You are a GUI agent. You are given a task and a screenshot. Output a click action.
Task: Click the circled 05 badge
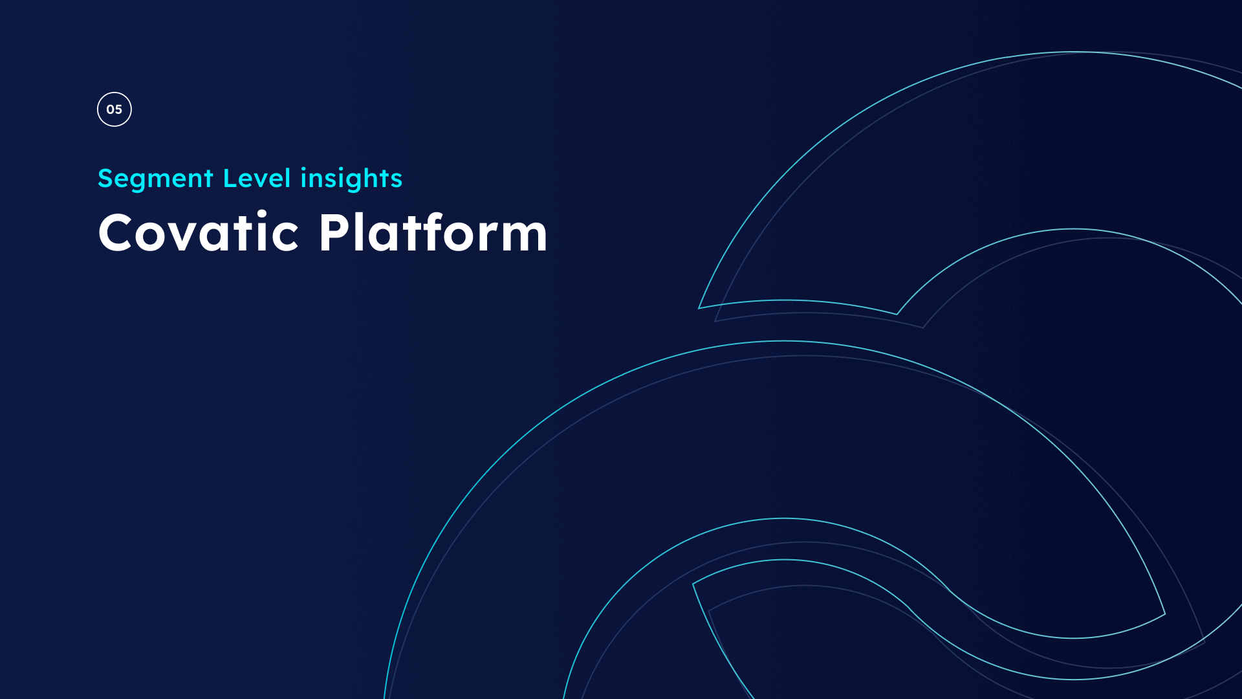point(114,109)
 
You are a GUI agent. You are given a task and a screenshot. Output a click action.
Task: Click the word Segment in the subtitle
point(155,179)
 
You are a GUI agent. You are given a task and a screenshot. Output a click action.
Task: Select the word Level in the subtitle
point(257,178)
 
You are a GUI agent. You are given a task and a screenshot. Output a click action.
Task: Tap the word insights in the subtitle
point(351,179)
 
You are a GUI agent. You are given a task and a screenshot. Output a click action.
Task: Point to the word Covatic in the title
point(199,232)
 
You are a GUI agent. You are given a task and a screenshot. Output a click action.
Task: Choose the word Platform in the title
point(433,232)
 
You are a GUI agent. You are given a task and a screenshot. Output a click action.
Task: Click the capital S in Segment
point(106,179)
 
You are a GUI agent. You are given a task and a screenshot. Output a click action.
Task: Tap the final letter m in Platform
point(519,236)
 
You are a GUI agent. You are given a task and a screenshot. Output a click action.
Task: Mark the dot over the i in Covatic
point(262,214)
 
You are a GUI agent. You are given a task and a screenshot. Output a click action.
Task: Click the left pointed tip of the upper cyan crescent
point(699,308)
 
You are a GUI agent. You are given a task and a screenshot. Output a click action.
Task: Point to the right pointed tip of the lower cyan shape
point(1165,614)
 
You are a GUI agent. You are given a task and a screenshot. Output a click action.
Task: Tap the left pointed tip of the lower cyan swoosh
point(693,584)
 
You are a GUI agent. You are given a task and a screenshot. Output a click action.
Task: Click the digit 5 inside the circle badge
point(118,109)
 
